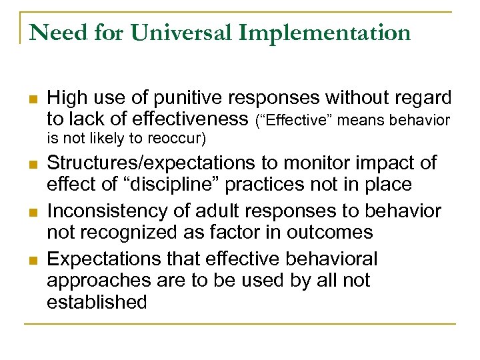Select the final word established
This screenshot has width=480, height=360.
pos(97,301)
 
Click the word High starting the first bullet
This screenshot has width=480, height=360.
pos(66,99)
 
